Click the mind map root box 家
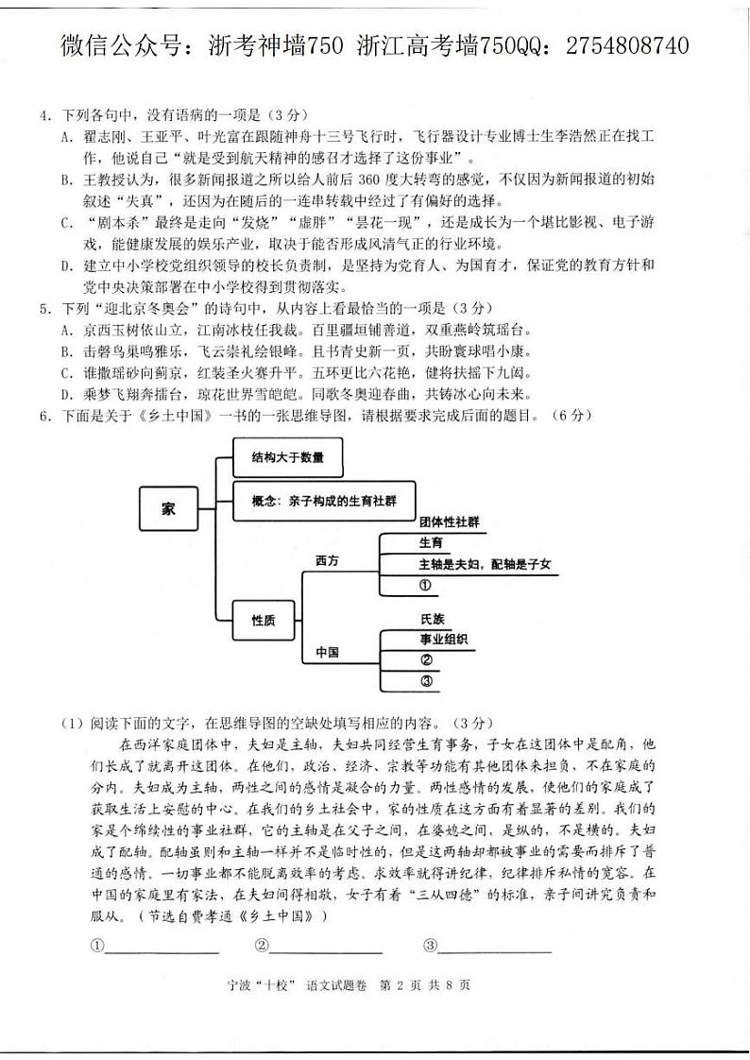click(168, 509)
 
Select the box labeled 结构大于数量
click(287, 458)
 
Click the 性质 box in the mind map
click(264, 620)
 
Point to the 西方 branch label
click(327, 560)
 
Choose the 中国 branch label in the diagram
click(327, 653)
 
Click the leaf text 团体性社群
click(450, 521)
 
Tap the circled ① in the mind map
click(425, 586)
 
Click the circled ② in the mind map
click(426, 659)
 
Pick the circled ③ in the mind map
click(426, 681)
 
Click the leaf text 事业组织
click(444, 639)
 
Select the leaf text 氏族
click(433, 619)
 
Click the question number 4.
click(43, 115)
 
